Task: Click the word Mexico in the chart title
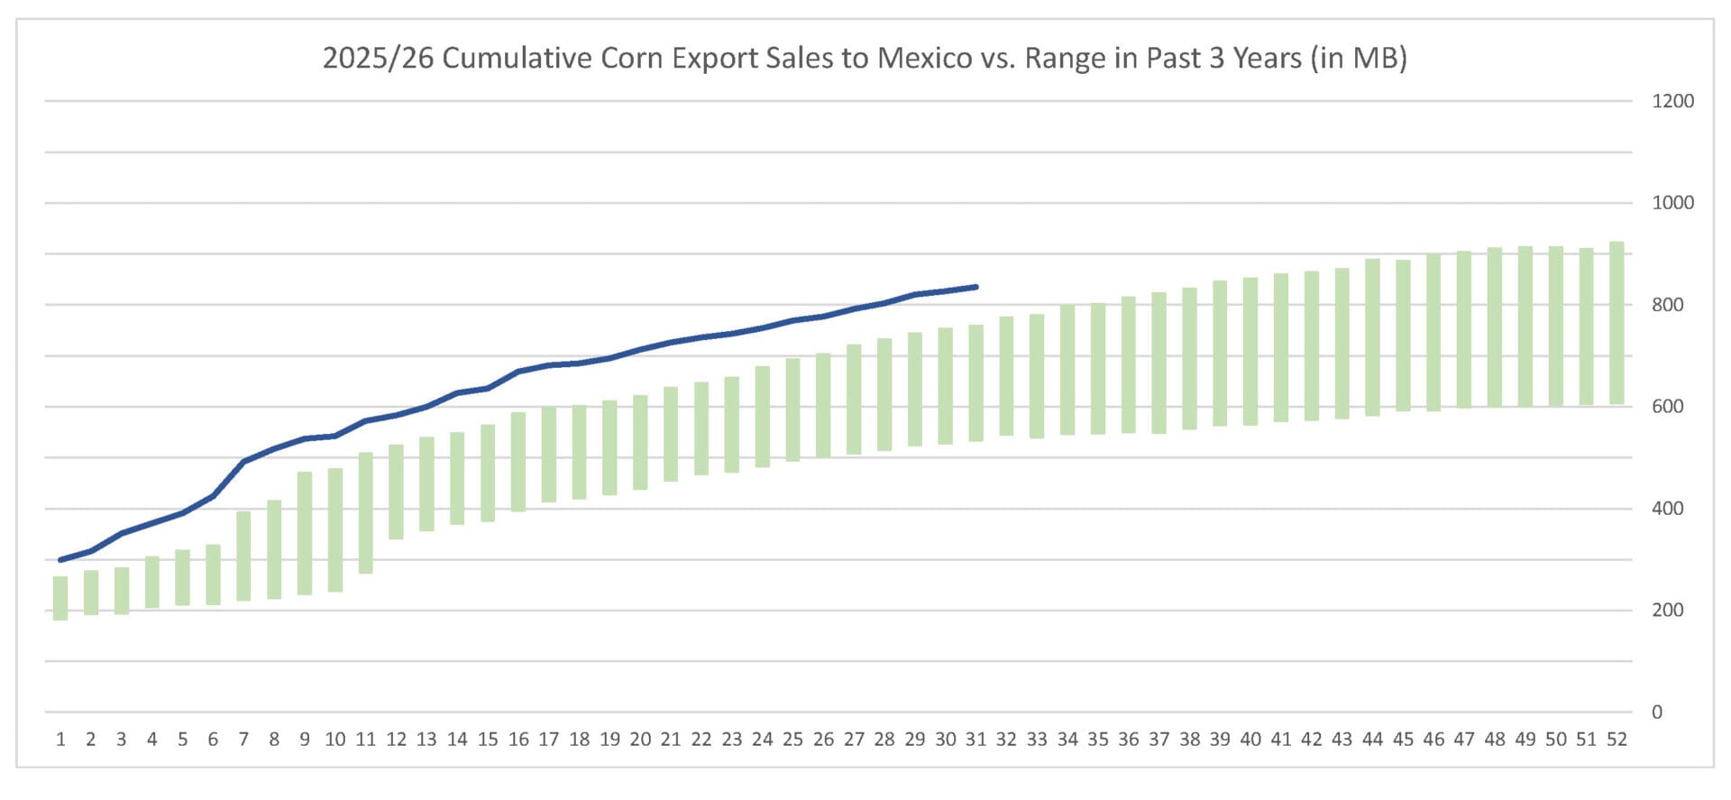pyautogui.click(x=924, y=58)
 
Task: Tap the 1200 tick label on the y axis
pyautogui.click(x=1672, y=101)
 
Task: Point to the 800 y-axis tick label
pyautogui.click(x=1667, y=305)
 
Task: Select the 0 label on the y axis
pyautogui.click(x=1656, y=713)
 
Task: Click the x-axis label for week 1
pyautogui.click(x=60, y=740)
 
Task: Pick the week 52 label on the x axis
pyautogui.click(x=1617, y=740)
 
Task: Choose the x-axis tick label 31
pyautogui.click(x=975, y=740)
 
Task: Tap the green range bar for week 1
pyautogui.click(x=60, y=598)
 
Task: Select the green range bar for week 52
pyautogui.click(x=1617, y=323)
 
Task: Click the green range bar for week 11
pyautogui.click(x=365, y=512)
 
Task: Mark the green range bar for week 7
pyautogui.click(x=243, y=556)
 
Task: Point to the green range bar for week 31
pyautogui.click(x=975, y=383)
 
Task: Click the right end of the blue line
pyautogui.click(x=976, y=287)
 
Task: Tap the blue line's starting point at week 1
pyautogui.click(x=60, y=560)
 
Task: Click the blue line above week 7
pyautogui.click(x=243, y=462)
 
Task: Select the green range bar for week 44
pyautogui.click(x=1372, y=337)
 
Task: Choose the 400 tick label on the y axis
pyautogui.click(x=1667, y=509)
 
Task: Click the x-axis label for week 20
pyautogui.click(x=640, y=740)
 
